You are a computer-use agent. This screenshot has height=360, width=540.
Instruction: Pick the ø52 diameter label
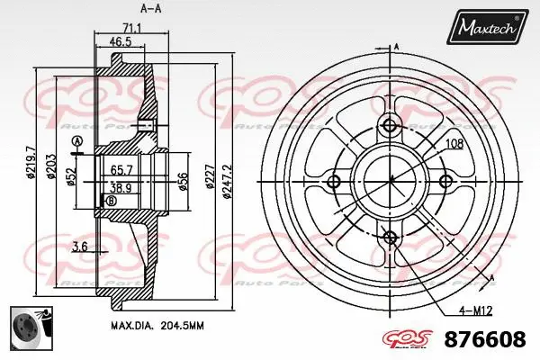click(x=69, y=175)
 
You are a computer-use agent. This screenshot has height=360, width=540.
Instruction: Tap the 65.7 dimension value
click(x=122, y=169)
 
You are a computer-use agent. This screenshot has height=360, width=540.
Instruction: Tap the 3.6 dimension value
click(x=78, y=246)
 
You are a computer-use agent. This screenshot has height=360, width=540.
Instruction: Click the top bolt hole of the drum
click(x=390, y=126)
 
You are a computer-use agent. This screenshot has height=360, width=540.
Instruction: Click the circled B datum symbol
click(x=111, y=202)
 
